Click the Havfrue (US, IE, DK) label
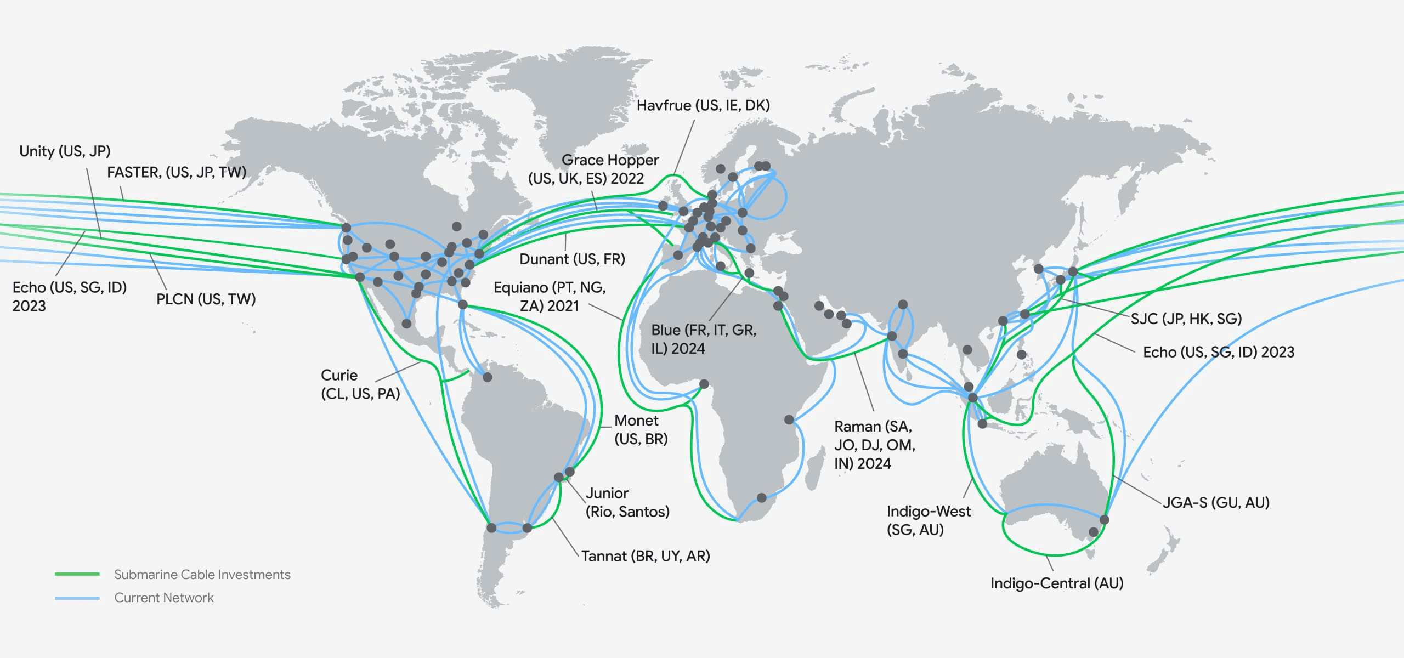(x=703, y=105)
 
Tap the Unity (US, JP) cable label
(x=65, y=151)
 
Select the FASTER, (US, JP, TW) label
(x=177, y=173)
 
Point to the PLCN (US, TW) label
(x=206, y=299)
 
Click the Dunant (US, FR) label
(x=572, y=259)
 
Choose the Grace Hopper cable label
(x=593, y=169)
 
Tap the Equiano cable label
(x=550, y=297)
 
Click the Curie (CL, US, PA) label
(x=360, y=384)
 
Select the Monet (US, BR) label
(x=641, y=430)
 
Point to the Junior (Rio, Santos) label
(x=627, y=502)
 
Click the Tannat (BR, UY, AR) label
(x=646, y=557)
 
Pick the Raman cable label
(x=874, y=445)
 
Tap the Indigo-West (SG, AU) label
(x=928, y=520)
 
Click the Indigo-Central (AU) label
(x=1056, y=583)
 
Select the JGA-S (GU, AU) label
(x=1216, y=503)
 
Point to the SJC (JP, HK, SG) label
(x=1186, y=319)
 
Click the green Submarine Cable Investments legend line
(x=77, y=574)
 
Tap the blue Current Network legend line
(x=77, y=598)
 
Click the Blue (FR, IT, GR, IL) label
(x=704, y=339)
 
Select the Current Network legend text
(x=164, y=598)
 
